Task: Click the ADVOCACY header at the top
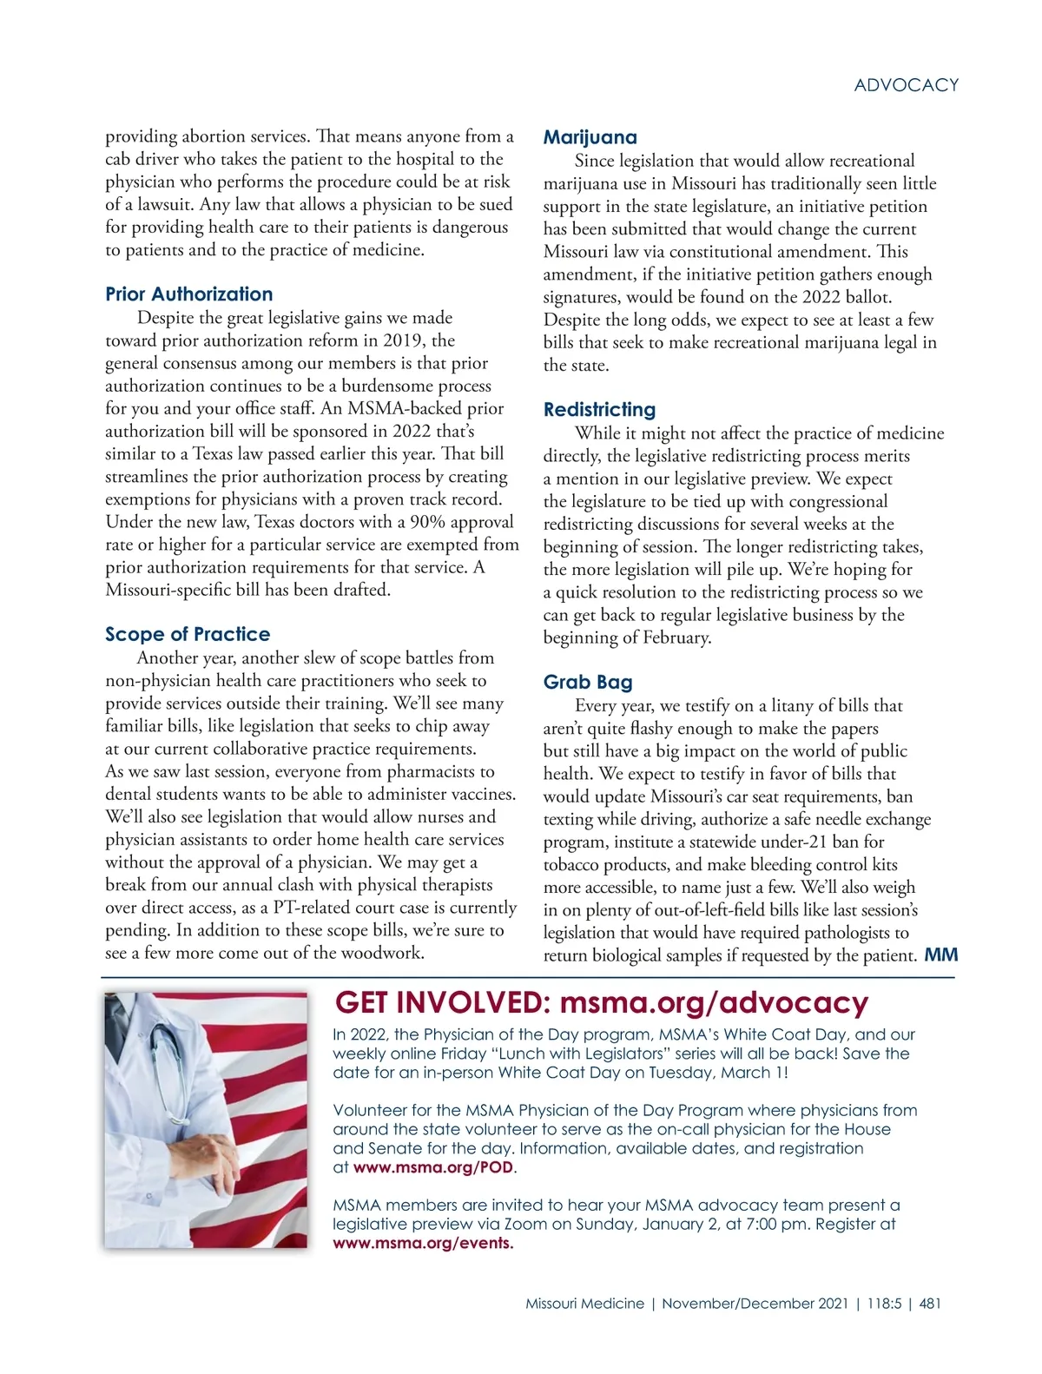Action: (x=906, y=85)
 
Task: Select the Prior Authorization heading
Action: (x=188, y=294)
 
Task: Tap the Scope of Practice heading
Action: (x=188, y=634)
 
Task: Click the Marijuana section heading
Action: (x=590, y=137)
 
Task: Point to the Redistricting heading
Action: (x=599, y=409)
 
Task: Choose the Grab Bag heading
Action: (x=588, y=682)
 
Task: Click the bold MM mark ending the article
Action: (x=941, y=955)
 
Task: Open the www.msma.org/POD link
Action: (x=433, y=1167)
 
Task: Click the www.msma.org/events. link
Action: (x=423, y=1243)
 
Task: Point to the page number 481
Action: (x=929, y=1304)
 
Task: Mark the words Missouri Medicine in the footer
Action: (x=584, y=1304)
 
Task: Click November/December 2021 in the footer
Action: (x=755, y=1304)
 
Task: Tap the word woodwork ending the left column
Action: (x=382, y=953)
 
